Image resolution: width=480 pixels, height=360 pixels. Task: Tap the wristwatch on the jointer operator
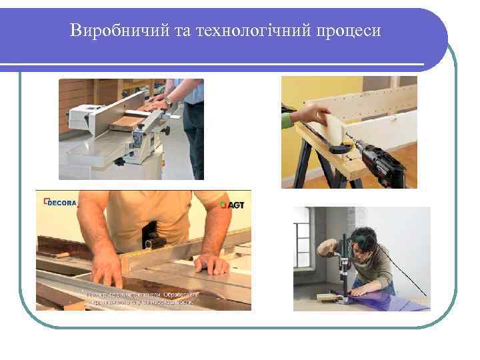coord(169,102)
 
